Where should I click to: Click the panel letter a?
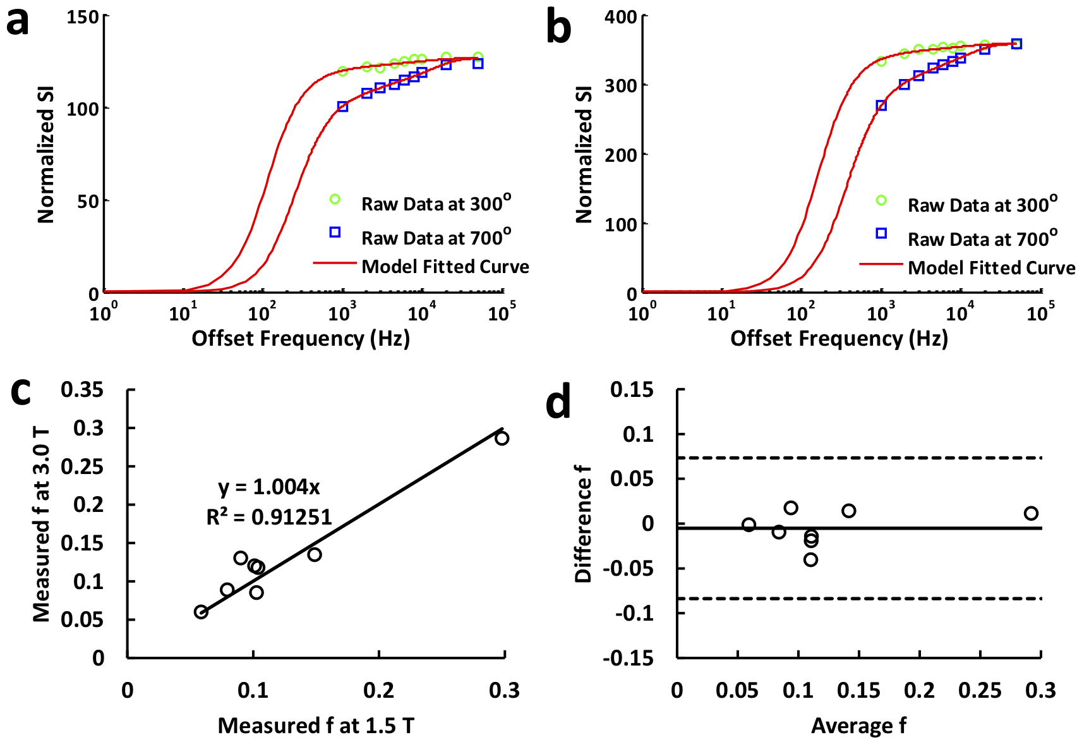click(x=18, y=23)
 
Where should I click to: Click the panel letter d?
click(x=558, y=403)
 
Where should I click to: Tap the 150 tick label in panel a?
click(x=83, y=16)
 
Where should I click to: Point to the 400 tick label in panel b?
click(x=620, y=16)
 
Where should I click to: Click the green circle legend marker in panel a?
click(x=335, y=200)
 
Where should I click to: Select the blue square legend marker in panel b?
click(x=881, y=233)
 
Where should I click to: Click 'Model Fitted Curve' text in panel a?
click(x=445, y=267)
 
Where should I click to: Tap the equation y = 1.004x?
click(x=269, y=487)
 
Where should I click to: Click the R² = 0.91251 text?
click(x=269, y=518)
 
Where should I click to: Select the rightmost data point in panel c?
click(x=502, y=438)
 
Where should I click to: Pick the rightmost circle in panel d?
click(x=1031, y=513)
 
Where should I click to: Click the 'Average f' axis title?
click(x=858, y=726)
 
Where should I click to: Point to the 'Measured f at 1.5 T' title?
click(x=316, y=726)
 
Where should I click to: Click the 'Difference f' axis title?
click(x=582, y=523)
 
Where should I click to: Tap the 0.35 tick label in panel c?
click(x=81, y=390)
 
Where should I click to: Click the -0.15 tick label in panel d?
click(x=628, y=659)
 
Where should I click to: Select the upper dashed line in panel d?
click(x=859, y=458)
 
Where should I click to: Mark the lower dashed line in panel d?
click(x=859, y=599)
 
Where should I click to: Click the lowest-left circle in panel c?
click(x=201, y=612)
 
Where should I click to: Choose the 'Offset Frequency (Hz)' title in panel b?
click(x=839, y=339)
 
